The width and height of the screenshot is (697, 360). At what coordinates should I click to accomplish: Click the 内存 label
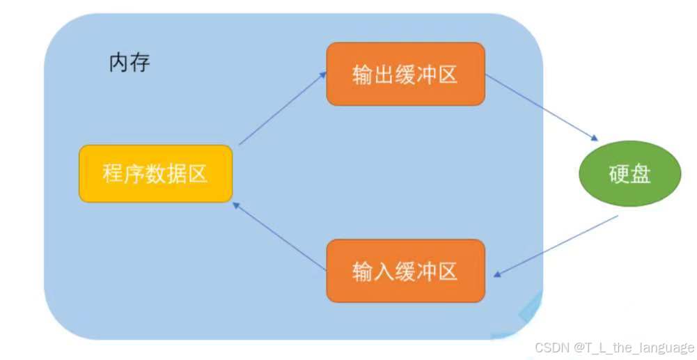[130, 63]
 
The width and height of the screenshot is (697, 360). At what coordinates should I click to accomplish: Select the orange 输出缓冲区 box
[405, 74]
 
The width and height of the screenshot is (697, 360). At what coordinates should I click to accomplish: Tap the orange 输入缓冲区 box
[405, 271]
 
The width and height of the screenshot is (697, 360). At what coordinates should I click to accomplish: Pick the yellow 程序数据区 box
[155, 173]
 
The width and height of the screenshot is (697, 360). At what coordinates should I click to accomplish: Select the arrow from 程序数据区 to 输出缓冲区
[282, 107]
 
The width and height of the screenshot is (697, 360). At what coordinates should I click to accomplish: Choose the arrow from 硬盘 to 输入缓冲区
[559, 245]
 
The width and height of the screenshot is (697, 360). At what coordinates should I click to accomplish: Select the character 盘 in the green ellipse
[639, 174]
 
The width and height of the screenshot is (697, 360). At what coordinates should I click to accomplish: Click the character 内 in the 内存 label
[119, 63]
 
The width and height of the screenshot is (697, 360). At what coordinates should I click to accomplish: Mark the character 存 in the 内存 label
[140, 63]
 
